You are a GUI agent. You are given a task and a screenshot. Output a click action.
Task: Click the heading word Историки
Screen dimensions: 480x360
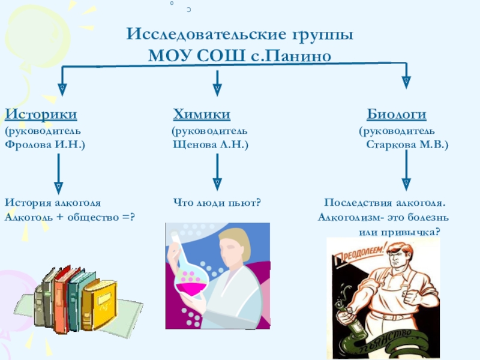tap(41, 114)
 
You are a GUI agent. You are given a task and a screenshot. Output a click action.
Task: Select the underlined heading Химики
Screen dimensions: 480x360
tap(202, 114)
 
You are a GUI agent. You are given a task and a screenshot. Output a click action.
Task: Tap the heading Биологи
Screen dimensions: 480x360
tap(397, 114)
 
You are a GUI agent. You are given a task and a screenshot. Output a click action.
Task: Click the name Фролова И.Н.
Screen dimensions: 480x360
tap(45, 145)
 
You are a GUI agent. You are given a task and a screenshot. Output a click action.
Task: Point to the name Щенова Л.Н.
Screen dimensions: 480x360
tap(210, 145)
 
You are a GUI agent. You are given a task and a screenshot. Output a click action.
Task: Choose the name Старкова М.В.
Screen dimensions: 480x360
tap(407, 145)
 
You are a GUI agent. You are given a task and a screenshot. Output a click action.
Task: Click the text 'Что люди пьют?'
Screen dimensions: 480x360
tap(217, 202)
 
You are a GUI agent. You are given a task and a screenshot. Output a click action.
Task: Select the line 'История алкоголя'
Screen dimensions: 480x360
tap(53, 202)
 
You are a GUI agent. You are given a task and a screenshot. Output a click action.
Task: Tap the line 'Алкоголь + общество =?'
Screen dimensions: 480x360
tap(70, 217)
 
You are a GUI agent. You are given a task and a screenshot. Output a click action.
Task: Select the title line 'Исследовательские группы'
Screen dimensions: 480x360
tap(239, 34)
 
